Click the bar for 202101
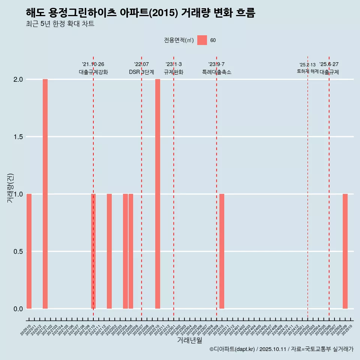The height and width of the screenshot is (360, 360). pos(45,194)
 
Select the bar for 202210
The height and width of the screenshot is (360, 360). pos(157,194)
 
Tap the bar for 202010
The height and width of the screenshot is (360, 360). pos(29,251)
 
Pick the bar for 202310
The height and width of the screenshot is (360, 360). pos(222,251)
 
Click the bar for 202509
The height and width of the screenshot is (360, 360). pos(345,251)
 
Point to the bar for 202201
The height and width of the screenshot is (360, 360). pos(109,251)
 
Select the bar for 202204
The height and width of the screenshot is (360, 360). pos(125,251)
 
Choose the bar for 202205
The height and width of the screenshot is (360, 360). pos(131,251)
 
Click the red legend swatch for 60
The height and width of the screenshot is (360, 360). pos(202,40)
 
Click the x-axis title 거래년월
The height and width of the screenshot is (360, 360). pos(189,340)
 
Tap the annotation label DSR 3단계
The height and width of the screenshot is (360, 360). pos(141,72)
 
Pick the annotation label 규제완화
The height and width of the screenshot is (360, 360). pos(174,72)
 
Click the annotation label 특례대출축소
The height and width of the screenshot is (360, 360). pos(216,72)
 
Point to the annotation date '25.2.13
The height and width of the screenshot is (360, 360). pos(307,65)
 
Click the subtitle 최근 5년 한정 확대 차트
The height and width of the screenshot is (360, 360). pos(60,24)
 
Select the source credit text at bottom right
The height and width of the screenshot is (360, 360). pos(281,349)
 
